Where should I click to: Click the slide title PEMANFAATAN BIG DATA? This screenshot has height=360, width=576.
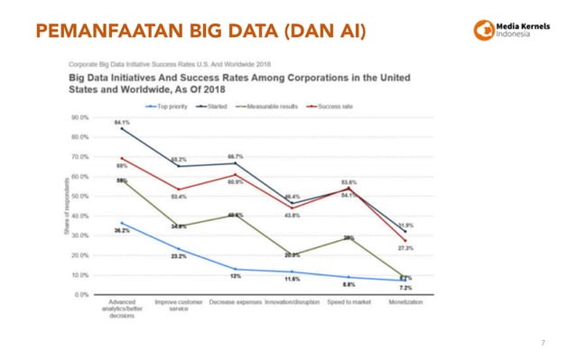coord(202,32)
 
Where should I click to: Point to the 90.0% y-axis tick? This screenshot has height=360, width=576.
coord(79,117)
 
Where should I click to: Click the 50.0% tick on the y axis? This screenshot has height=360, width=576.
coord(79,196)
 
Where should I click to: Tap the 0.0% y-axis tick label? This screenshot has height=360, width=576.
coord(80,294)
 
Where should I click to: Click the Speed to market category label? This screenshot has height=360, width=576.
coord(348,302)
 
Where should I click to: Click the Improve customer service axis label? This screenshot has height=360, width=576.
coord(178,306)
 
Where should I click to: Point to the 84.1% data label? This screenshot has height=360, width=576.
coord(121,122)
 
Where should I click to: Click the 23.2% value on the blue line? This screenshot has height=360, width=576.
coord(179,256)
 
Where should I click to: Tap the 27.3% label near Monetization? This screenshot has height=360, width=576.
coord(406,248)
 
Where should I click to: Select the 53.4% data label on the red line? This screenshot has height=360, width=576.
coord(179,196)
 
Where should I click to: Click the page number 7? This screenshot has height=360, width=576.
coord(543,344)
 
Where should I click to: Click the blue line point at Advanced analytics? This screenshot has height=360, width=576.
coord(122,223)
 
